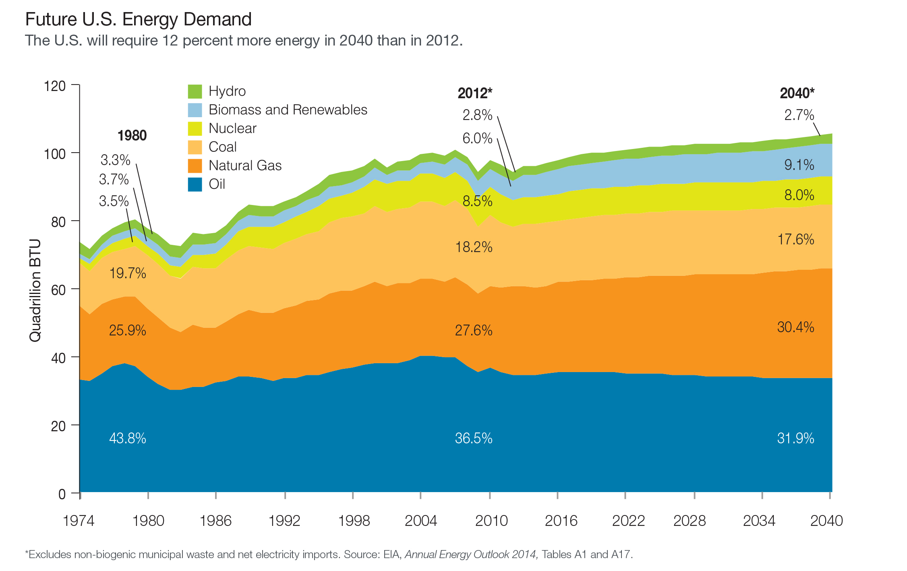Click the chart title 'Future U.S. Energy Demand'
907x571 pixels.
click(138, 19)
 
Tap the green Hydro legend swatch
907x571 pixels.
click(195, 91)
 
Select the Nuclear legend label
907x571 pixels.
click(232, 128)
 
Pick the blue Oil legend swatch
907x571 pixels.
click(195, 184)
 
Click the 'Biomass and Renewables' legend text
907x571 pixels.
click(288, 110)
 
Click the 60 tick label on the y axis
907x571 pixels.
click(58, 290)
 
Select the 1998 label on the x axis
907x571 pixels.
click(354, 521)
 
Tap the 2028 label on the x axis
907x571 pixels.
click(690, 521)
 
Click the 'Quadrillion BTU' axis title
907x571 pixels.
click(35, 290)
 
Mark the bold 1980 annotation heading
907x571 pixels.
click(132, 136)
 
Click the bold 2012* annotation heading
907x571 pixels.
click(475, 93)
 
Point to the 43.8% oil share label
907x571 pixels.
click(127, 438)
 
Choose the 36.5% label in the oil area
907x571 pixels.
click(474, 438)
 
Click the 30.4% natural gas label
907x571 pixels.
click(795, 327)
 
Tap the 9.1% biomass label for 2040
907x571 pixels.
click(799, 165)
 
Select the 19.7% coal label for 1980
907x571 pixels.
click(127, 273)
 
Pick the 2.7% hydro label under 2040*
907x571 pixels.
click(799, 115)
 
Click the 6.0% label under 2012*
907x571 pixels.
click(477, 139)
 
